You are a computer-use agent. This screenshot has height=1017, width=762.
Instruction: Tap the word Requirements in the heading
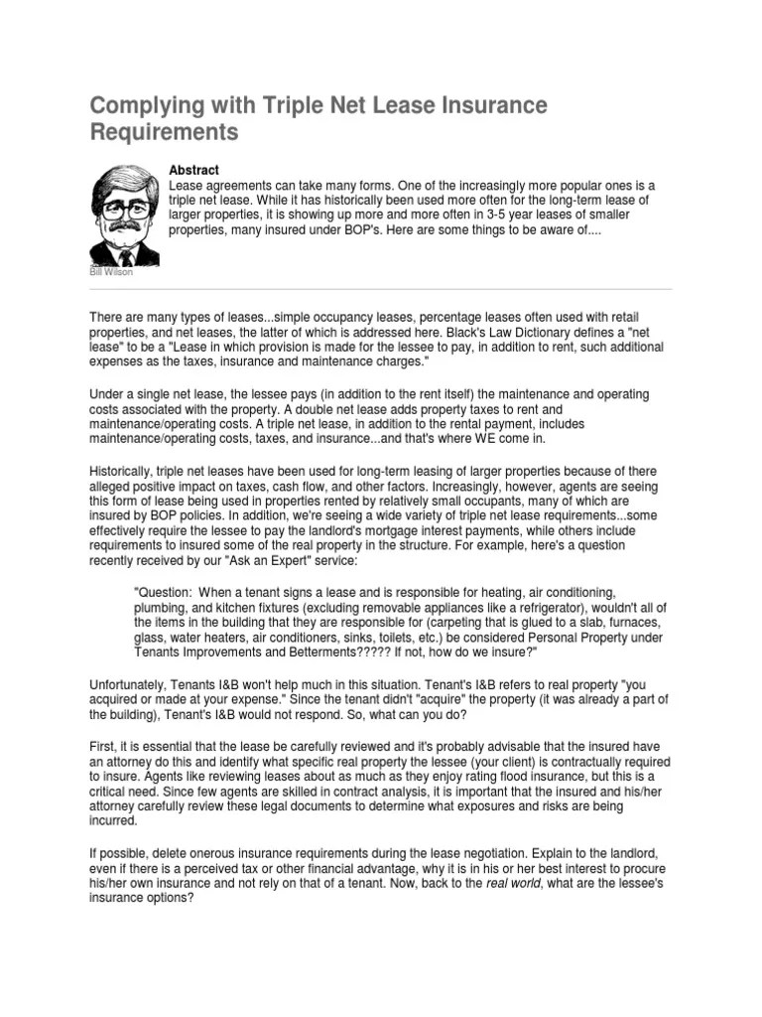[165, 132]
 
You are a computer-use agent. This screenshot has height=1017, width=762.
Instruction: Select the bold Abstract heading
[193, 171]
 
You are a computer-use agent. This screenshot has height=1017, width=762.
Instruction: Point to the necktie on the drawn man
[126, 255]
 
